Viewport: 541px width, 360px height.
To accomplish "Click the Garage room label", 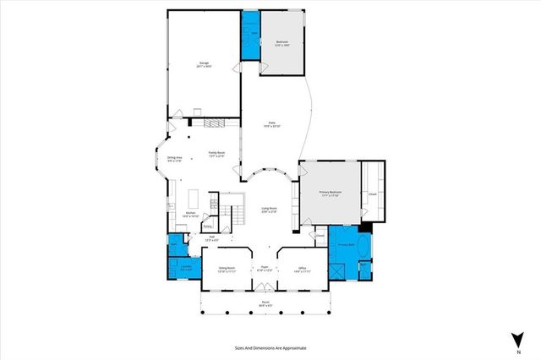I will point(205,63).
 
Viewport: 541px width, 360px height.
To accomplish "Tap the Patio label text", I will point(273,123).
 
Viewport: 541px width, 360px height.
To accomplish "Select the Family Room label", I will point(216,154).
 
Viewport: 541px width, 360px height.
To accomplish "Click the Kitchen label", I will point(191,214).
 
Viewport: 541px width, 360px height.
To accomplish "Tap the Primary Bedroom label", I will point(329,194).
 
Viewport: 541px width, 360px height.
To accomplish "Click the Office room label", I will point(302,270).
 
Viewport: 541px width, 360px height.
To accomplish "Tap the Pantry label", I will point(208,226).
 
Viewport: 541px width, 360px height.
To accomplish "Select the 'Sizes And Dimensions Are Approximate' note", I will point(270,347).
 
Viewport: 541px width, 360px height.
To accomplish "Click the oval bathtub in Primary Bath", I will point(364,248).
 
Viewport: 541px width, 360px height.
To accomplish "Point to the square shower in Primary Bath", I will point(337,270).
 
